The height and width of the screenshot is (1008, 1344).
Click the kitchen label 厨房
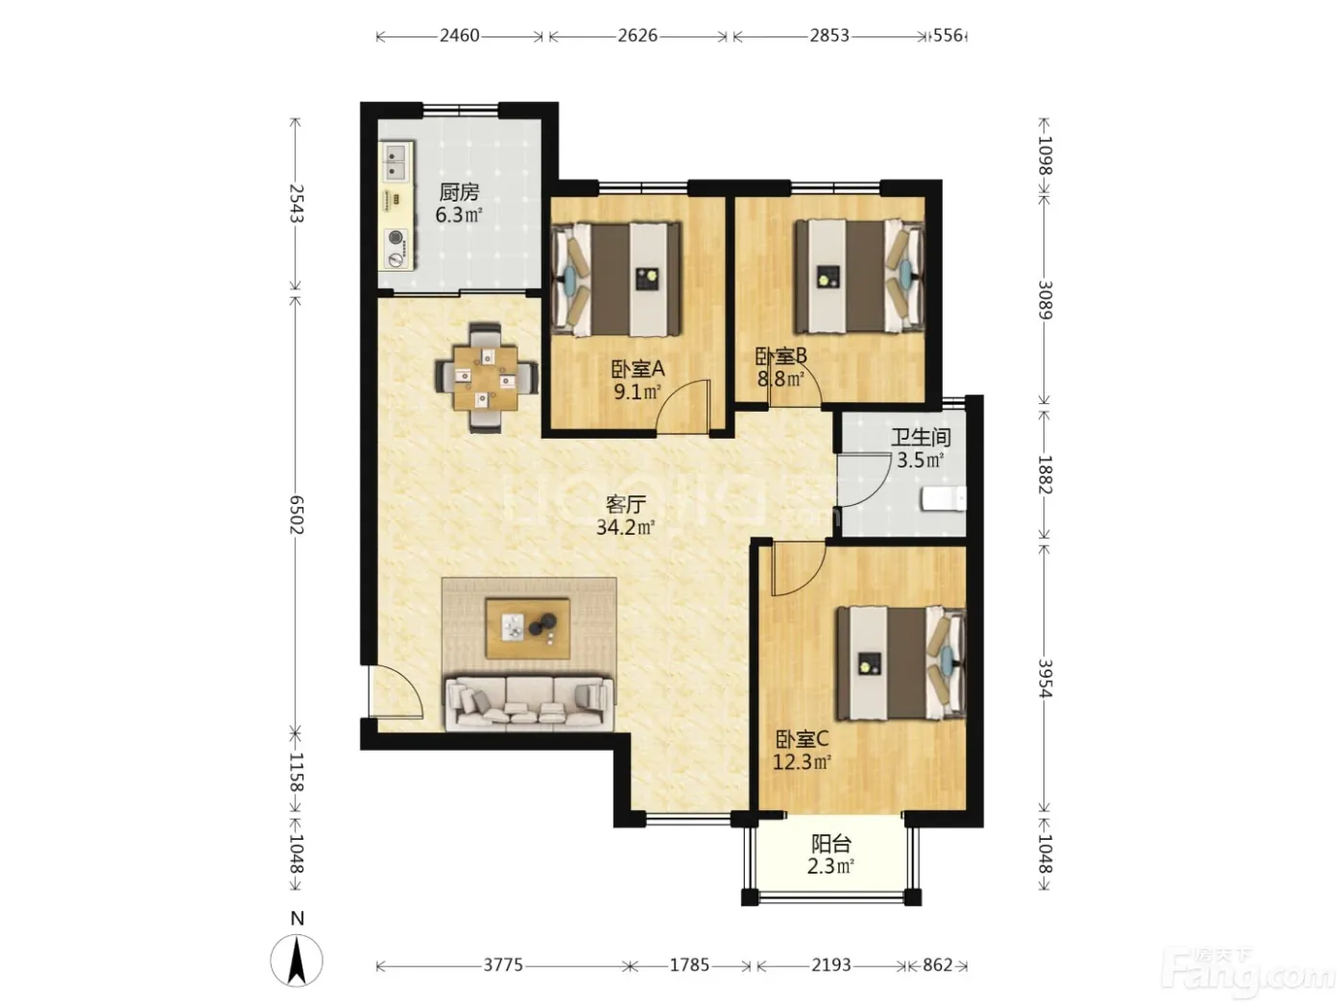tap(459, 193)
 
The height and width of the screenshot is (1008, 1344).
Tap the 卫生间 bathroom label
tap(921, 438)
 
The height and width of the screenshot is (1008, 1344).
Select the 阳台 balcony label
tap(831, 845)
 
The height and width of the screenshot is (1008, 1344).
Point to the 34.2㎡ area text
tap(626, 527)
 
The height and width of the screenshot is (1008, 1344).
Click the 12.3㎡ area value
tap(802, 762)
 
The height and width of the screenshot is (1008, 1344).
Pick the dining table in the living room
tap(486, 378)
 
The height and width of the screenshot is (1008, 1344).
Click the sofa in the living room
tap(529, 704)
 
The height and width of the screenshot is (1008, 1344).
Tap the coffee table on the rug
tap(528, 629)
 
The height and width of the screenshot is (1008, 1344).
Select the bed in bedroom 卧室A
tap(616, 278)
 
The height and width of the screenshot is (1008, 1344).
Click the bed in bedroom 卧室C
tap(901, 662)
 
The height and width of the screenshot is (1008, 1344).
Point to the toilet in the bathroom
tap(944, 499)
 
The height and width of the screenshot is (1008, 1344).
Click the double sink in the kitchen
tap(397, 161)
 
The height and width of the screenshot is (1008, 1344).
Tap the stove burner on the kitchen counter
tap(396, 237)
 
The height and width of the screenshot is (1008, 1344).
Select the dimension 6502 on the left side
tap(297, 515)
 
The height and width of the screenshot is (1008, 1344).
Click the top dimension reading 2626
tap(637, 36)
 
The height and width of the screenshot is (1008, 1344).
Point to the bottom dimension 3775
tap(503, 965)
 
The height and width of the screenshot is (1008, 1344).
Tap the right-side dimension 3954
tap(1044, 679)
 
